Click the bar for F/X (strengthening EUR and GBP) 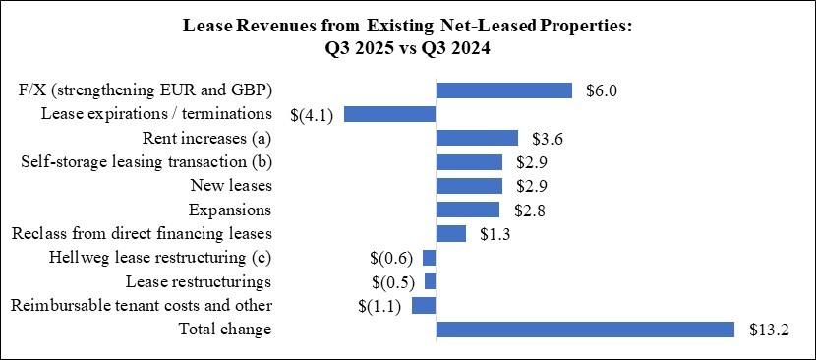pos(503,90)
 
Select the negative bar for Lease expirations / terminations pos(389,114)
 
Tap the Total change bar pos(585,329)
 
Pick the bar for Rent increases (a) pos(477,138)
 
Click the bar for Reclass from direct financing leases pos(450,233)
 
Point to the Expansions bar pos(467,210)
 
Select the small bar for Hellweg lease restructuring pos(429,258)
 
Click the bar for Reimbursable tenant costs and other pos(424,305)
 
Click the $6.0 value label pos(602,90)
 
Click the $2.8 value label pos(529,210)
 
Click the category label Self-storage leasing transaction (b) pos(146,161)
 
